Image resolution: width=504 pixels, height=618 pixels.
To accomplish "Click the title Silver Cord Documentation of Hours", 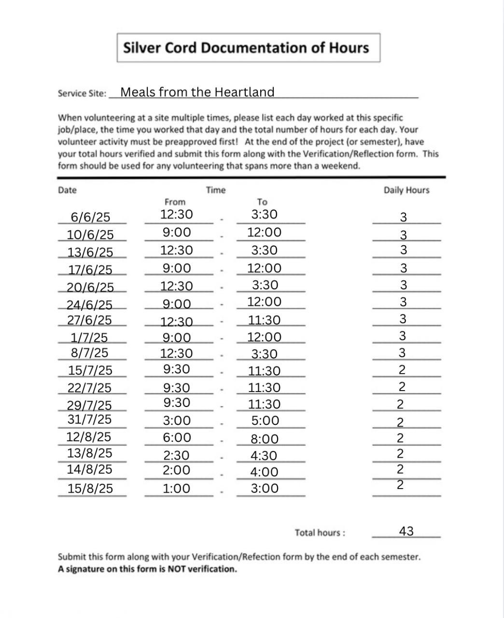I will (x=246, y=48).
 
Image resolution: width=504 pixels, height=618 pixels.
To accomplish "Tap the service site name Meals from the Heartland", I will (x=197, y=92).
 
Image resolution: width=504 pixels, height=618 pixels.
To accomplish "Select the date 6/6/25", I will (x=90, y=217).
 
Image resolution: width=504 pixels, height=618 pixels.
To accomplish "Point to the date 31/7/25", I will (x=89, y=419).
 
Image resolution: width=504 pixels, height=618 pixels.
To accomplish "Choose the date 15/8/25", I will (x=90, y=488).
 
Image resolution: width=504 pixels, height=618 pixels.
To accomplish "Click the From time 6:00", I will (x=177, y=437).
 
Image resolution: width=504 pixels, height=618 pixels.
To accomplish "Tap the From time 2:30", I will (x=177, y=455).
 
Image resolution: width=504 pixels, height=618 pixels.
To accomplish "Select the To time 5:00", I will (x=265, y=421).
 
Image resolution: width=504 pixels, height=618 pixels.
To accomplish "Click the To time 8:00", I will (x=265, y=439).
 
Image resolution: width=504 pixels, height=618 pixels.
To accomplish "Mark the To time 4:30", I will (x=264, y=456).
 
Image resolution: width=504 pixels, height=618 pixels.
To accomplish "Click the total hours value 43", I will (x=406, y=531).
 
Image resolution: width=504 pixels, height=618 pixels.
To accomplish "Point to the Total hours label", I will (x=320, y=533).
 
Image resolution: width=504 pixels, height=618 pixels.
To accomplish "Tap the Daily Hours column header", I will (x=406, y=190).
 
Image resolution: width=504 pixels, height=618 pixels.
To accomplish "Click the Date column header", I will (x=67, y=190).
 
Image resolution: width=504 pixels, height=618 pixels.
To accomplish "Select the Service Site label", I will (x=82, y=94).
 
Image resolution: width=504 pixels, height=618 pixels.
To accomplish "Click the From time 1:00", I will (x=177, y=489).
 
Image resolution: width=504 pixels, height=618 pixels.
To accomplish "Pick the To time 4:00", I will (x=264, y=472).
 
